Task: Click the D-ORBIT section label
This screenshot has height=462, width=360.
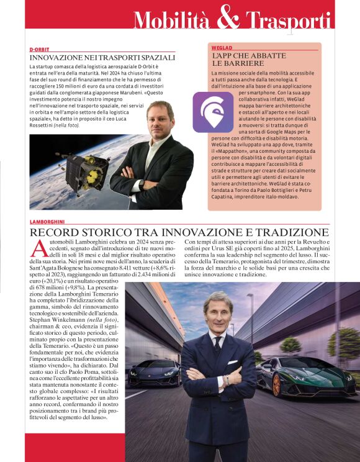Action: [x=39, y=48]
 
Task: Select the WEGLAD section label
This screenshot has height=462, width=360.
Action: [x=222, y=47]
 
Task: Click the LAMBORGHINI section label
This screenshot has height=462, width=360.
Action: [x=47, y=222]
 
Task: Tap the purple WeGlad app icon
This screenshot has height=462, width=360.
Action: [x=213, y=112]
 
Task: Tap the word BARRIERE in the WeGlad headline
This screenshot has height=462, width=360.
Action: [x=229, y=63]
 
